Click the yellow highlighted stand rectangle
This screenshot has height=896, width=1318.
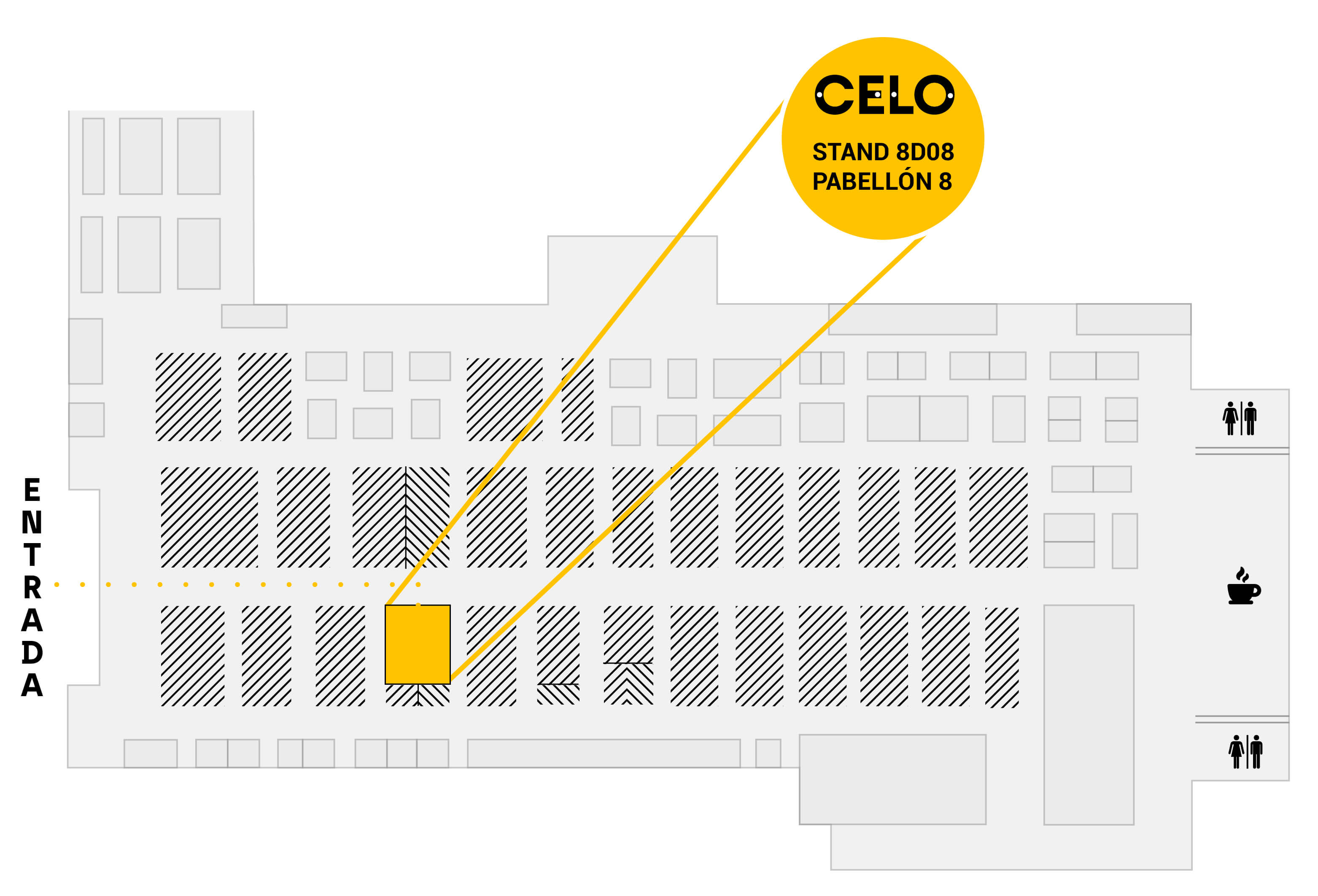tap(418, 644)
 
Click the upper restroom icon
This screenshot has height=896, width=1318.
tap(1239, 419)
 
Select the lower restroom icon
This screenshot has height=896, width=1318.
tap(1245, 752)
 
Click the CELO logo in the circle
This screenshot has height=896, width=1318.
tap(884, 95)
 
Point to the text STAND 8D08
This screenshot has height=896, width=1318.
tap(883, 152)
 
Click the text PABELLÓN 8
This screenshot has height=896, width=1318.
tap(882, 181)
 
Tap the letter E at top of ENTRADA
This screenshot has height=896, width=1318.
tap(32, 490)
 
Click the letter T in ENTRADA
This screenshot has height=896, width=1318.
tap(32, 554)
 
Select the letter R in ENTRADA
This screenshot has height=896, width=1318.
tap(32, 587)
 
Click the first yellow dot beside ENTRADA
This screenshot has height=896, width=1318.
tap(57, 585)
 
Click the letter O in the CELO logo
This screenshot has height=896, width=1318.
tap(933, 95)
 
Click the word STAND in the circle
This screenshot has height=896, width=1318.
tap(851, 152)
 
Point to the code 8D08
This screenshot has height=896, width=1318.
tap(925, 152)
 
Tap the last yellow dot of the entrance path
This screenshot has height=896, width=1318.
tap(418, 585)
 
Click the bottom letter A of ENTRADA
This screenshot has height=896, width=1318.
tap(32, 685)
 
